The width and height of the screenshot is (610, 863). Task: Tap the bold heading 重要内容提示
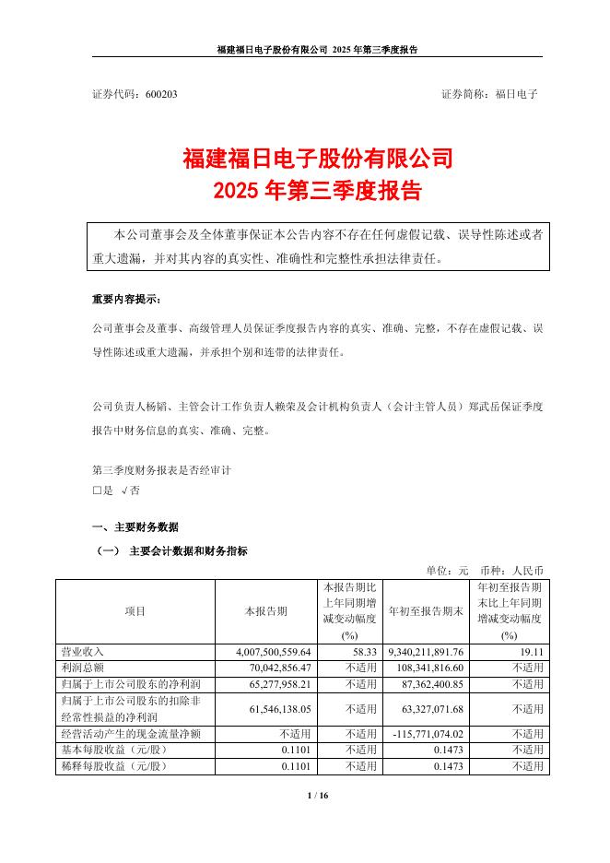click(125, 301)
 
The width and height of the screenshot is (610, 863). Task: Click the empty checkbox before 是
click(97, 491)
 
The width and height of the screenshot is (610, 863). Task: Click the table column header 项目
click(135, 610)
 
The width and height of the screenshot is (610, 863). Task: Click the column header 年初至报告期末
click(424, 610)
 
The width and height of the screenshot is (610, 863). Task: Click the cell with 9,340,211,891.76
click(425, 651)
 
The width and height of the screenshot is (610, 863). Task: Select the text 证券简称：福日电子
click(489, 94)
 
